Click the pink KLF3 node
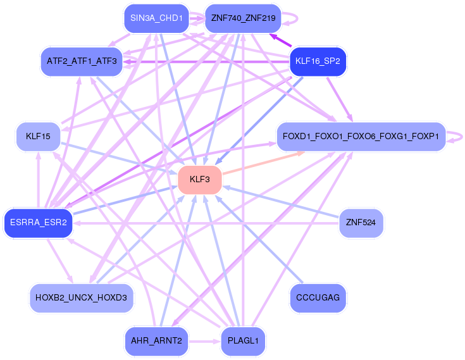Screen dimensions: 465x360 click(x=200, y=180)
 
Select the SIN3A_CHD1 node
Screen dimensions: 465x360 click(x=157, y=18)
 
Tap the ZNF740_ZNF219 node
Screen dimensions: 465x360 click(x=243, y=18)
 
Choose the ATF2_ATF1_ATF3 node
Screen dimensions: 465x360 click(x=82, y=61)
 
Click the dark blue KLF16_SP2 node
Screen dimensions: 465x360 click(x=318, y=61)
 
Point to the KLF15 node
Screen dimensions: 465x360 click(x=38, y=137)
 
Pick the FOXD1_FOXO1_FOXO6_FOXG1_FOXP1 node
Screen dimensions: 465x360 click(x=361, y=137)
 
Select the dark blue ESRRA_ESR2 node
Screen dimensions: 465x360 click(x=38, y=223)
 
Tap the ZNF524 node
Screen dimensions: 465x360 click(x=361, y=223)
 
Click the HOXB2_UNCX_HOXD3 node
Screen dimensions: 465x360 click(x=82, y=298)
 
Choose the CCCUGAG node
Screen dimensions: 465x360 click(x=318, y=298)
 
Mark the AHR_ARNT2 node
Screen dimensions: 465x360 click(x=157, y=341)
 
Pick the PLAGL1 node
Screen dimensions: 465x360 click(x=243, y=341)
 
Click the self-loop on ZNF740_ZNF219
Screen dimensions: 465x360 click(x=297, y=18)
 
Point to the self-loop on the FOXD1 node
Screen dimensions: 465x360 click(x=461, y=137)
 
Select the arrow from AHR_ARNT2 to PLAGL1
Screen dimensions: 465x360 click(x=205, y=341)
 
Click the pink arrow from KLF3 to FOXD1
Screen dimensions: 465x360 click(x=264, y=163)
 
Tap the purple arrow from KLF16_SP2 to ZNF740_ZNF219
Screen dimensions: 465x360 click(x=280, y=40)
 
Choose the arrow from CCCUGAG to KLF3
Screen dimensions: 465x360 click(x=259, y=239)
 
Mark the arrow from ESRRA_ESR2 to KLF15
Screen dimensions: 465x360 click(x=38, y=180)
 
